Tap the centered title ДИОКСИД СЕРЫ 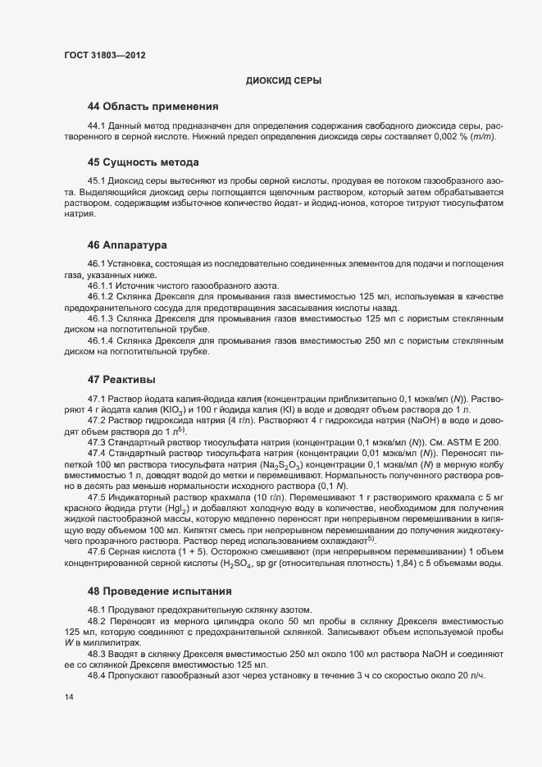[x=283, y=80]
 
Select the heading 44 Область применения [x=153, y=106]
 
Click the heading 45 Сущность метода [x=143, y=162]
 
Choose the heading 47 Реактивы [x=122, y=379]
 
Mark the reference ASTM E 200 [x=470, y=442]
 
